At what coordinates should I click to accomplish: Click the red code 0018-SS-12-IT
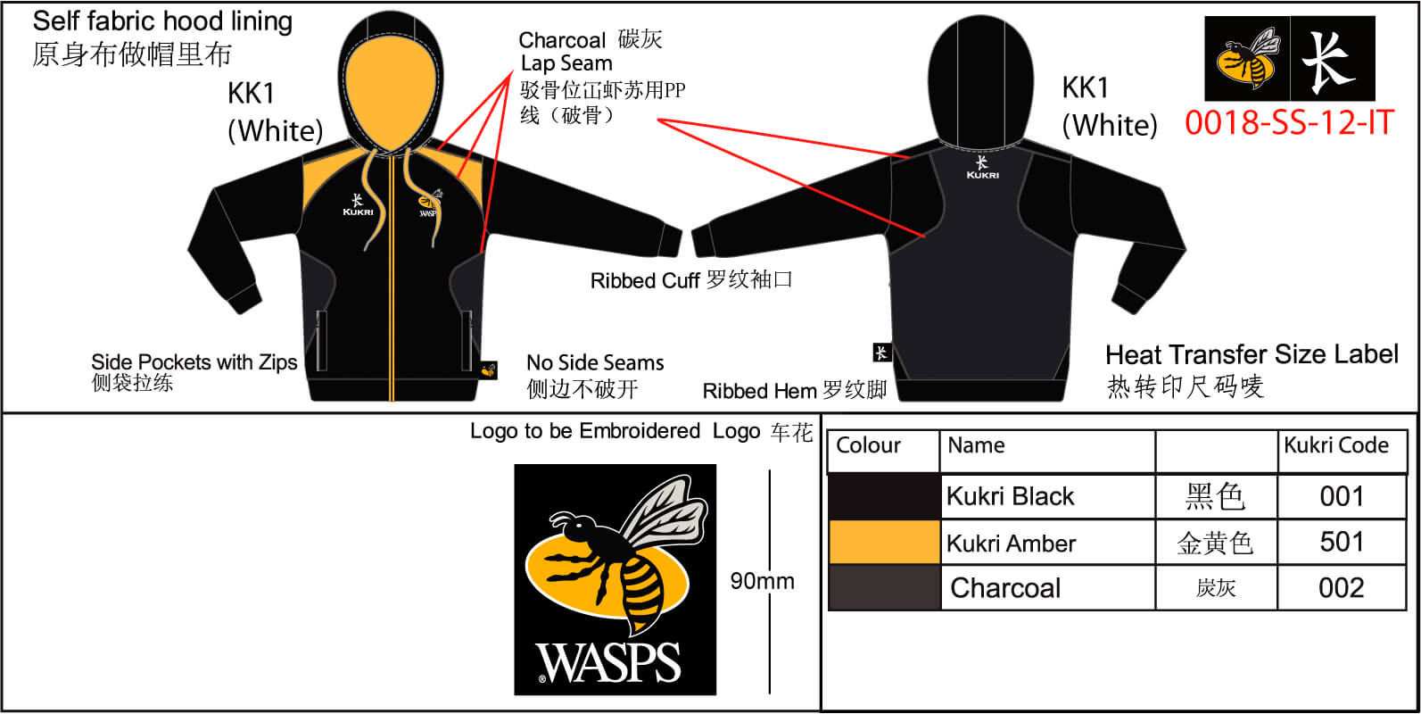pyautogui.click(x=1288, y=122)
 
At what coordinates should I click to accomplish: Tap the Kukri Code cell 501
pyautogui.click(x=1342, y=543)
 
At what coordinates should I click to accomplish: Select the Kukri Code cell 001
pyautogui.click(x=1342, y=496)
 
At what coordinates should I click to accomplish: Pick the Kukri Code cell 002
pyautogui.click(x=1342, y=588)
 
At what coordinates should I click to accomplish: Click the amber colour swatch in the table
pyautogui.click(x=884, y=543)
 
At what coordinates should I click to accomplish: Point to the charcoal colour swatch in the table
pyautogui.click(x=884, y=588)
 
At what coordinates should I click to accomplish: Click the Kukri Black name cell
pyautogui.click(x=1010, y=496)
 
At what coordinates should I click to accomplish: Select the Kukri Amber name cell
pyautogui.click(x=1011, y=544)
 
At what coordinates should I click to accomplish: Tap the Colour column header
pyautogui.click(x=868, y=445)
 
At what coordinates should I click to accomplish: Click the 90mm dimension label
pyautogui.click(x=762, y=581)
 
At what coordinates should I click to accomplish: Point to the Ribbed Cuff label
pyautogui.click(x=644, y=281)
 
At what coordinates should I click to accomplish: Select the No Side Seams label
pyautogui.click(x=595, y=363)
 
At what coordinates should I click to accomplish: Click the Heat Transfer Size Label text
pyautogui.click(x=1252, y=355)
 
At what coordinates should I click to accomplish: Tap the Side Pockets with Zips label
pyautogui.click(x=194, y=362)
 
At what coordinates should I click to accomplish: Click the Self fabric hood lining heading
pyautogui.click(x=162, y=21)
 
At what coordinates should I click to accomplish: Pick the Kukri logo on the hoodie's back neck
pyautogui.click(x=982, y=167)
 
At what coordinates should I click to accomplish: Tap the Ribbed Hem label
pyautogui.click(x=759, y=391)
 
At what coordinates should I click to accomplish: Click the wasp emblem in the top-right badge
pyautogui.click(x=1247, y=60)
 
